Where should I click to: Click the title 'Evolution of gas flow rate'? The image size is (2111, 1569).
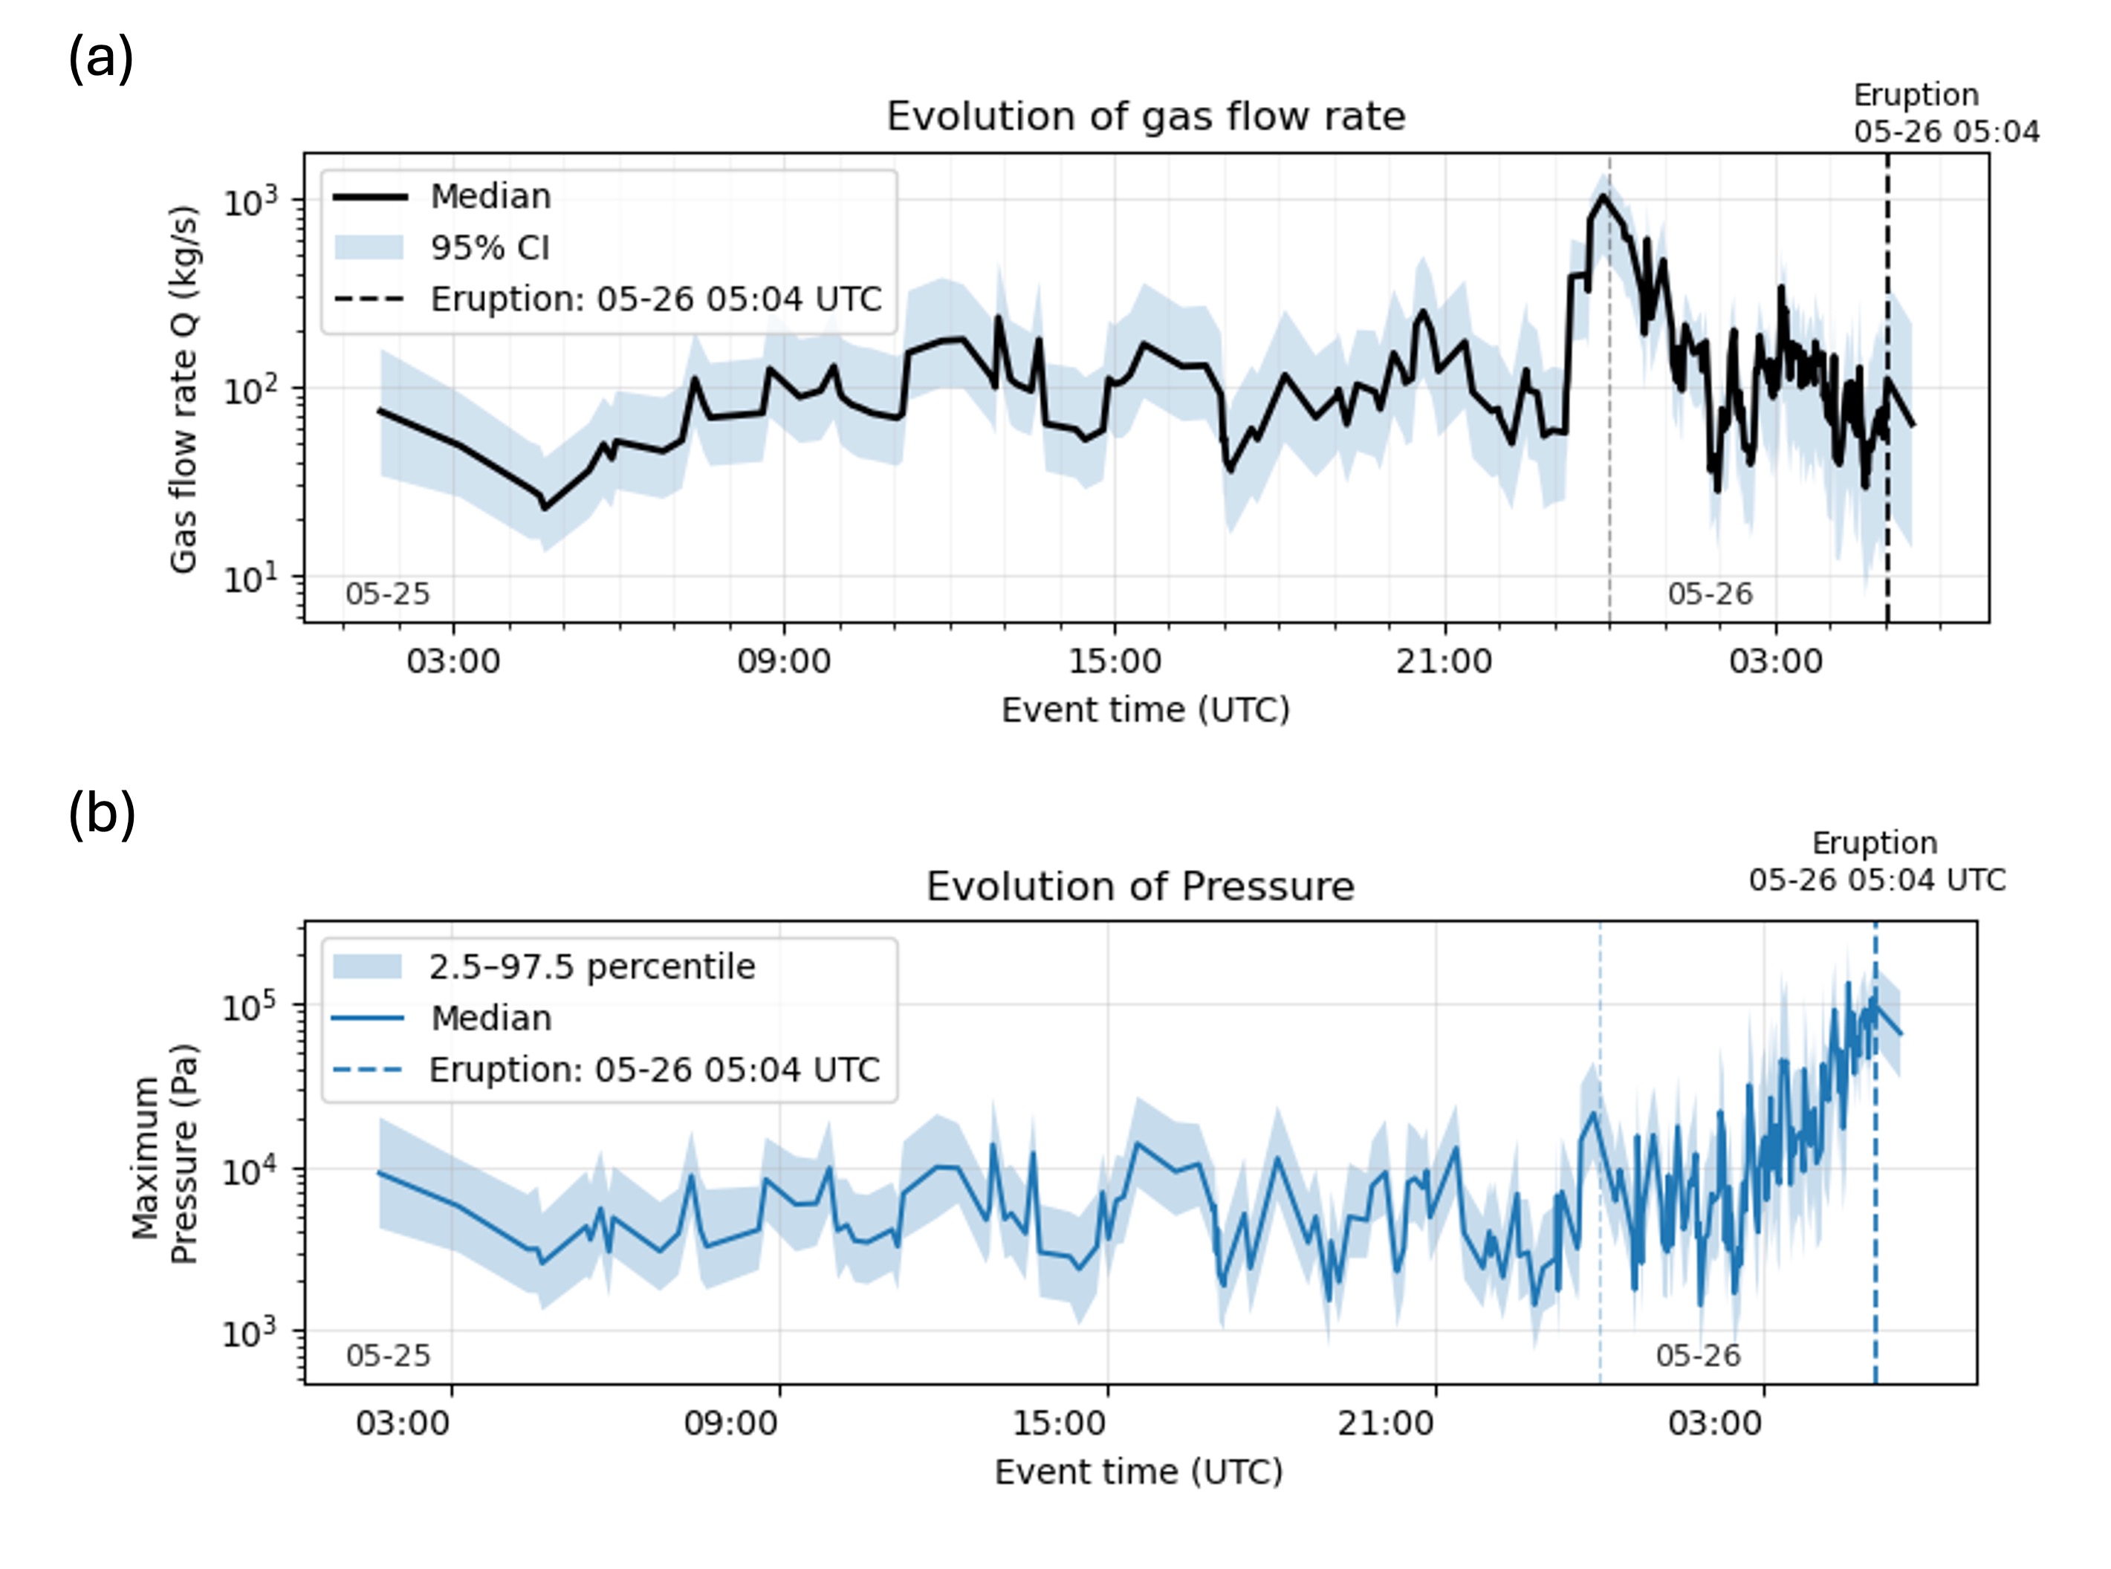[1145, 117]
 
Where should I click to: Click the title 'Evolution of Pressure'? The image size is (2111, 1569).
[1139, 886]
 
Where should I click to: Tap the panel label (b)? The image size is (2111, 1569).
[101, 815]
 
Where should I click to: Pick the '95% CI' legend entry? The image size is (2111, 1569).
[489, 248]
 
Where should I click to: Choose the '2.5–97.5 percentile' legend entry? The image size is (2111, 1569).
[591, 967]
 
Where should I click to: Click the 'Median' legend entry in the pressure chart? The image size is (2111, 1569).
[490, 1018]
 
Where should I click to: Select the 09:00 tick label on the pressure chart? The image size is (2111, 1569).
[730, 1423]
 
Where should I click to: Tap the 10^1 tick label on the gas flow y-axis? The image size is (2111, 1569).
[250, 577]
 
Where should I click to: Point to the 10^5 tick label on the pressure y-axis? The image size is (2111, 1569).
[249, 1006]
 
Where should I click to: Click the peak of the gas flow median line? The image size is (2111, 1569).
[1602, 197]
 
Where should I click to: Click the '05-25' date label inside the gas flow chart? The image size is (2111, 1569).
[386, 594]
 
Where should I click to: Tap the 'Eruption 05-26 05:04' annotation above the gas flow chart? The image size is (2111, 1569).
[1946, 113]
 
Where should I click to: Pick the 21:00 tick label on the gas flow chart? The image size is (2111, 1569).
[1443, 661]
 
